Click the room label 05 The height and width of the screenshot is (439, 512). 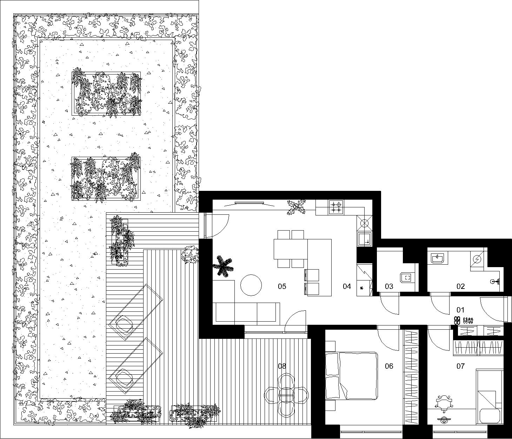click(x=282, y=286)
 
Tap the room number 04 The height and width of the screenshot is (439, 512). click(x=347, y=286)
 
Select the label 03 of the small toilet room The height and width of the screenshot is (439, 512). click(x=389, y=286)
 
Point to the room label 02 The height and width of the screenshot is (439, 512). click(x=460, y=286)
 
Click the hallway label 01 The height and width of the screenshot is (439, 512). click(x=460, y=310)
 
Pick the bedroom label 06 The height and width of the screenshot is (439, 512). click(x=389, y=366)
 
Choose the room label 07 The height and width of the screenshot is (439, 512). click(x=460, y=366)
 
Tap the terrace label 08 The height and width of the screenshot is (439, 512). click(x=282, y=366)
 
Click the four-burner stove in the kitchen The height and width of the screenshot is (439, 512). click(x=336, y=207)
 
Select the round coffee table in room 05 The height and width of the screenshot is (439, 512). click(x=251, y=285)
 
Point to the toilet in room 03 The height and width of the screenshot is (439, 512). click(x=407, y=278)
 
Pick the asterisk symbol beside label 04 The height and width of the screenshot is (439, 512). click(x=361, y=288)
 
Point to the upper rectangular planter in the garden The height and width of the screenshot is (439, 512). click(x=106, y=93)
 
